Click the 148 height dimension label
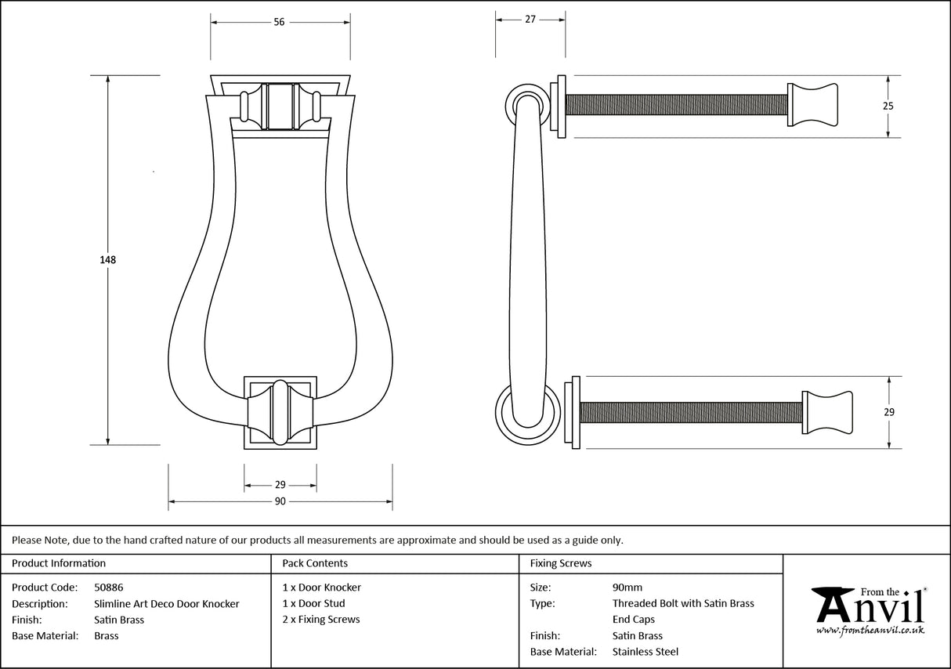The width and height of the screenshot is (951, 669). pos(108,259)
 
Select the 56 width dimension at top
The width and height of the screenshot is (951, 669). pos(279,22)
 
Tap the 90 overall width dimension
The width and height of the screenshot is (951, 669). pos(280,501)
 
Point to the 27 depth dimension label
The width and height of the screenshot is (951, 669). pos(530,20)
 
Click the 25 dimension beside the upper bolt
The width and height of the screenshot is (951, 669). pos(888,106)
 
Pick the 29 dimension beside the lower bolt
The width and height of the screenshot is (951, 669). pos(889,412)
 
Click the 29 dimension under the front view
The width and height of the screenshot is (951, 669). pos(280,485)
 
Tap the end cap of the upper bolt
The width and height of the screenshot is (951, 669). pos(812,104)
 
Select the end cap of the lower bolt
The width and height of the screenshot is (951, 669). pos(826,411)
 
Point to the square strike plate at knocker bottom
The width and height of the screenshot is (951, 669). pos(280,412)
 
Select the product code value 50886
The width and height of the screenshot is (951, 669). pos(108,587)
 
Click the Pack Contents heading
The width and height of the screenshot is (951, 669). pos(315,563)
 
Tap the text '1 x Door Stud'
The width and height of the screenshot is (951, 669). pos(313,603)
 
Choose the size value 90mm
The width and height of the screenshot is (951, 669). pos(627,587)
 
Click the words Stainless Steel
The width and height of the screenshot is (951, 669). pos(645,652)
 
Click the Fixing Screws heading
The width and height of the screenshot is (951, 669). pos(561,563)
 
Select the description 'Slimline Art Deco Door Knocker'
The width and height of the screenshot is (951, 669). pos(166,603)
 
